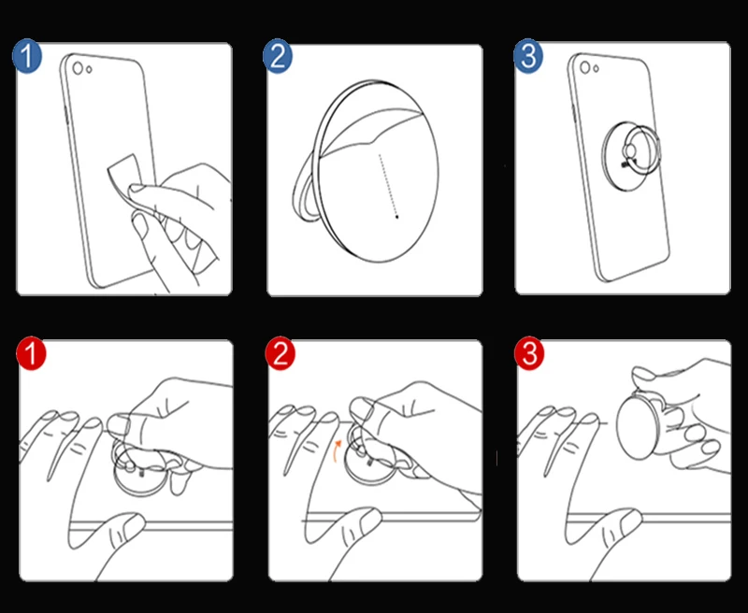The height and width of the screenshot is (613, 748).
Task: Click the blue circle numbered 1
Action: click(x=27, y=56)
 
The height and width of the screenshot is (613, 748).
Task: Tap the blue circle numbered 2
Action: click(x=278, y=56)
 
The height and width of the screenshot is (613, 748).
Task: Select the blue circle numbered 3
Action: click(x=528, y=56)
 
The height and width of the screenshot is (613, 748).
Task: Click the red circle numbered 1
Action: click(x=31, y=353)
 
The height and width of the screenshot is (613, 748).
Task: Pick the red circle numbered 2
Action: click(x=280, y=353)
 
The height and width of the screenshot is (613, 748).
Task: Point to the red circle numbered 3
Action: click(x=529, y=353)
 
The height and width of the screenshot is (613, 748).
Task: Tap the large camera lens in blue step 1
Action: click(x=78, y=68)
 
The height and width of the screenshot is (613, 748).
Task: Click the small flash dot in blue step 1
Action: click(x=89, y=70)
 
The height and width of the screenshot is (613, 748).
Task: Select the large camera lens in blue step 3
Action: click(x=585, y=67)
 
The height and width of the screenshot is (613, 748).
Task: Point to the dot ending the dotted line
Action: click(x=396, y=218)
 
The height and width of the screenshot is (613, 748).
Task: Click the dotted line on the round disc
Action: click(x=388, y=185)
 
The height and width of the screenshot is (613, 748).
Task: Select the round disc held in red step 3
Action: click(x=639, y=426)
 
